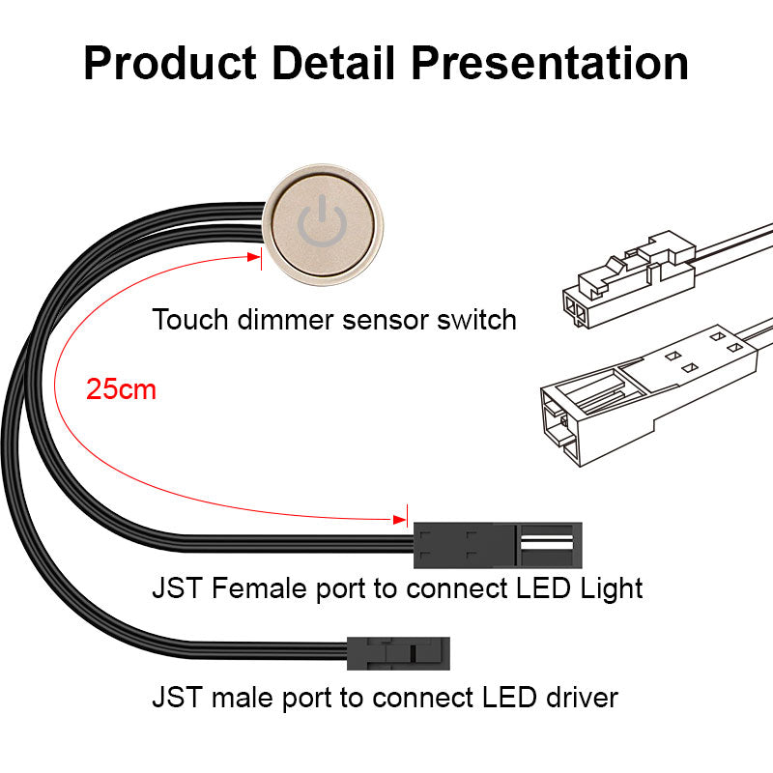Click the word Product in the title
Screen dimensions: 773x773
pos(170,63)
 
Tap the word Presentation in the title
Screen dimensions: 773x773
pos(550,63)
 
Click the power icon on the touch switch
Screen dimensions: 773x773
pos(322,221)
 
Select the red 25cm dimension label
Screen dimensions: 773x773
pos(121,389)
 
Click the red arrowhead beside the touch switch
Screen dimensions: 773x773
pos(254,257)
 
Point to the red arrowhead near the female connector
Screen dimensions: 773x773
pos(399,519)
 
